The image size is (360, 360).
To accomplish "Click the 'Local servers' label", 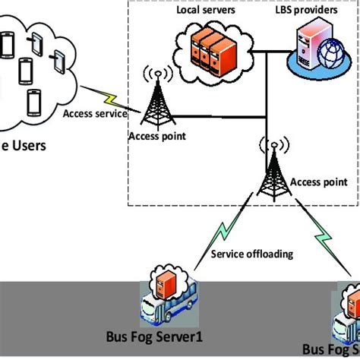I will [x=205, y=11].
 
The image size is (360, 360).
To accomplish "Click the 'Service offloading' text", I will [x=251, y=254].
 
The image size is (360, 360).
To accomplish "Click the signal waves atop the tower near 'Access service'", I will [x=156, y=75].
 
